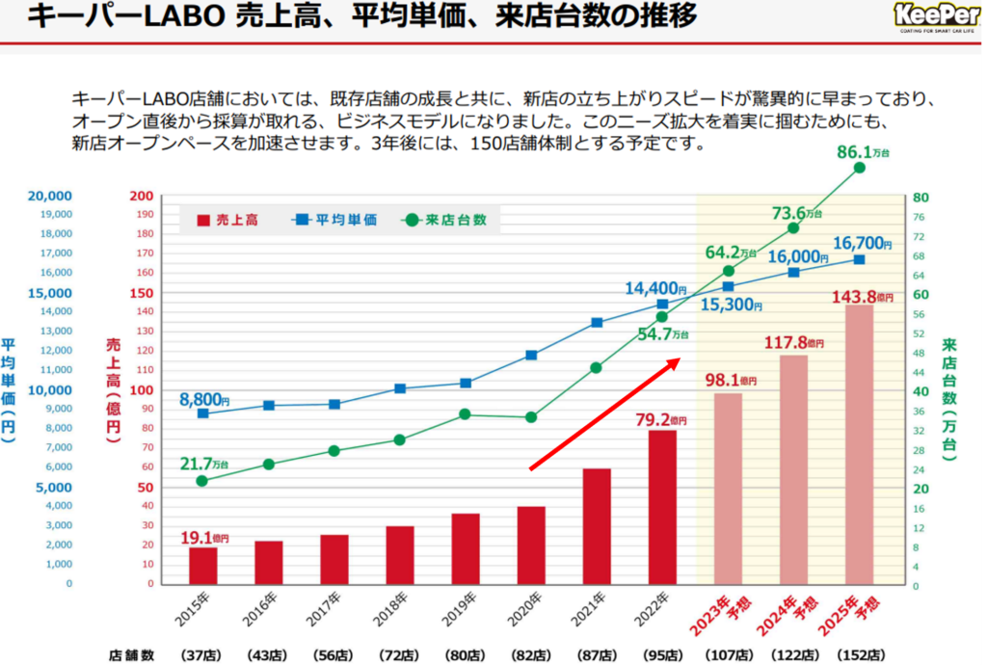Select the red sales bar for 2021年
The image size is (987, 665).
click(x=597, y=526)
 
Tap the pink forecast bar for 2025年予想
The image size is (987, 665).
click(x=859, y=444)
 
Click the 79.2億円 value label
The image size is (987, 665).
click(x=660, y=419)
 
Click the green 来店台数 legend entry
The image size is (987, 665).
click(x=444, y=220)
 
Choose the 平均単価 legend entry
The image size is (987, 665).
click(x=333, y=220)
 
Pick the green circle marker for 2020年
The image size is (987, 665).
click(x=531, y=417)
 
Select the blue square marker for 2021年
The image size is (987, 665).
click(x=597, y=323)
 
